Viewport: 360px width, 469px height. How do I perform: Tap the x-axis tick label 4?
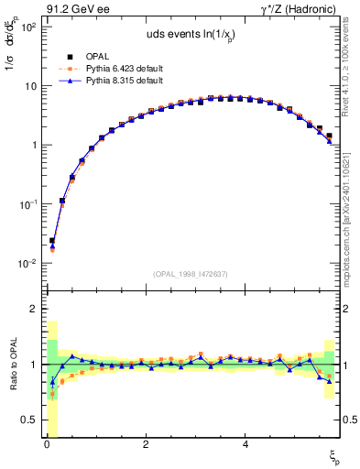click(x=245, y=444)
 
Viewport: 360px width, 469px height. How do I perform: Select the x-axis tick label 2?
click(x=146, y=444)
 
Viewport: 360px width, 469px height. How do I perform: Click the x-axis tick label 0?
click(x=47, y=444)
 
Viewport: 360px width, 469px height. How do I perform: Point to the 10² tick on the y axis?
click(x=29, y=27)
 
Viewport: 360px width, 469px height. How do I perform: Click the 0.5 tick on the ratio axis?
click(x=28, y=420)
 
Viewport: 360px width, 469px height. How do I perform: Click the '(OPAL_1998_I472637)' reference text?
click(x=191, y=272)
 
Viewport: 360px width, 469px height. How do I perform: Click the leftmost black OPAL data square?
click(x=52, y=241)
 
